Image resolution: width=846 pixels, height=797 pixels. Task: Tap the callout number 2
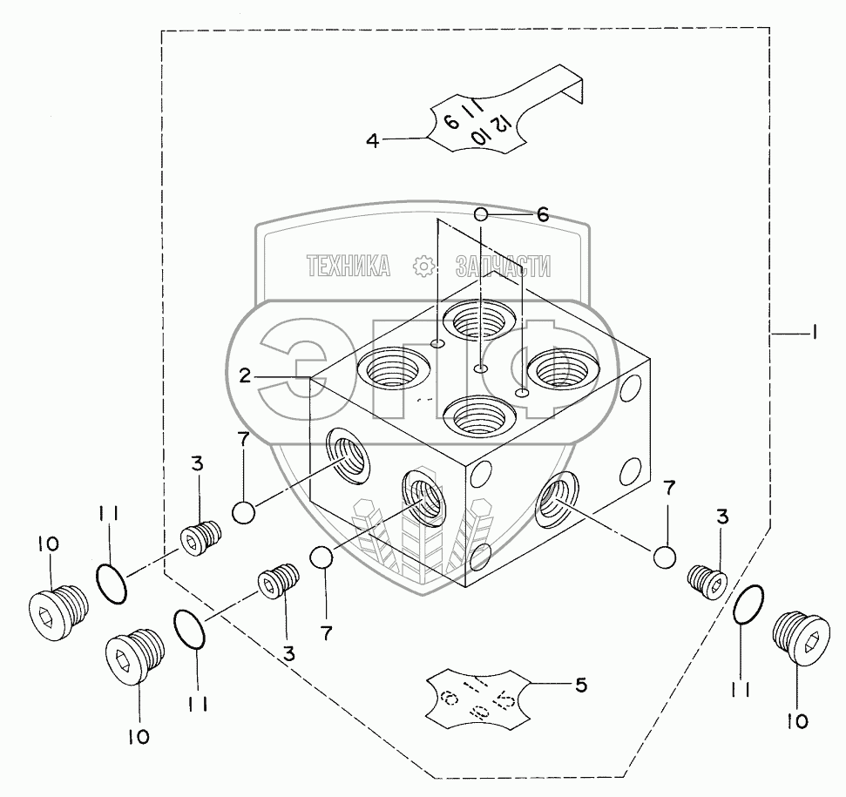coord(246,375)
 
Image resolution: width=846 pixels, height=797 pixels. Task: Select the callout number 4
coord(373,139)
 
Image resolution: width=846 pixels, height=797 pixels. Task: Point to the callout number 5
coord(580,685)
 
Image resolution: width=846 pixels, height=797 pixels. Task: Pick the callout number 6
coord(542,214)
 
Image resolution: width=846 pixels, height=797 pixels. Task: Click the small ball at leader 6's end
coord(481,213)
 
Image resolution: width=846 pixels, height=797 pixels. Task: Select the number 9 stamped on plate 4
coord(450,120)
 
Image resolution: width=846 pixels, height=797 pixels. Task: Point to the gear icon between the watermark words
coord(423,267)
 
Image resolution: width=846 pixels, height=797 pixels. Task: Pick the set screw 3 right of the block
coord(707,580)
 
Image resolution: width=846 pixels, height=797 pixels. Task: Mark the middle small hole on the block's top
coord(480,370)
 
